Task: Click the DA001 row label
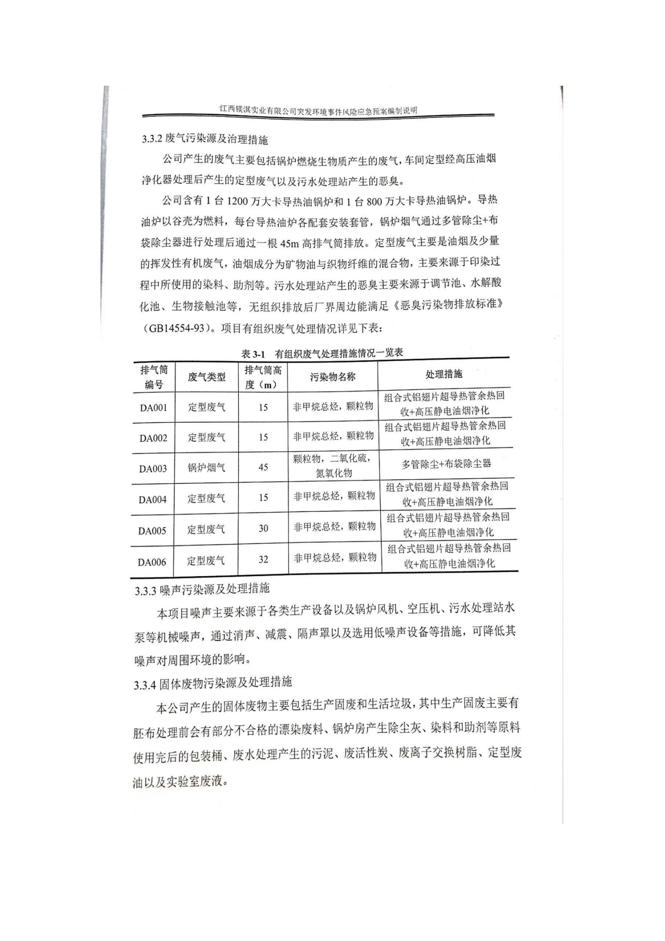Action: tap(154, 408)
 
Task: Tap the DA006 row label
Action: tap(152, 562)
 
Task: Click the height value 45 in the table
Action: tap(263, 467)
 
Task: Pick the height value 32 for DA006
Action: tap(263, 560)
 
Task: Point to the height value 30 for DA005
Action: tap(263, 528)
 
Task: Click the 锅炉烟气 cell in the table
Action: tap(206, 467)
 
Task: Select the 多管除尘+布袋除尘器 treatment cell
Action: tap(446, 464)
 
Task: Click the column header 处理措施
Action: tap(444, 374)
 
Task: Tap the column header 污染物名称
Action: tap(332, 377)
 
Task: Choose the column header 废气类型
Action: tap(207, 377)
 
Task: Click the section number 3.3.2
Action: tap(152, 139)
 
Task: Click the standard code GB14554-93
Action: tap(177, 329)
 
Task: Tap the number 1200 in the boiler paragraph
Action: tap(238, 201)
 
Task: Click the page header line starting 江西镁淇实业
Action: tap(318, 110)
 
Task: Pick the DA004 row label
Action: tap(152, 500)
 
